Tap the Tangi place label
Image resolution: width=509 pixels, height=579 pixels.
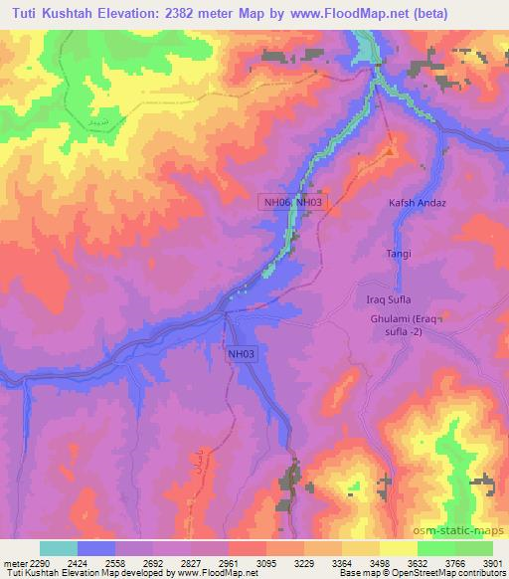tap(399, 255)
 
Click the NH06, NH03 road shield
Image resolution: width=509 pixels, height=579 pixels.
tap(292, 202)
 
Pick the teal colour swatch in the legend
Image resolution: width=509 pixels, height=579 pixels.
tap(58, 548)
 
